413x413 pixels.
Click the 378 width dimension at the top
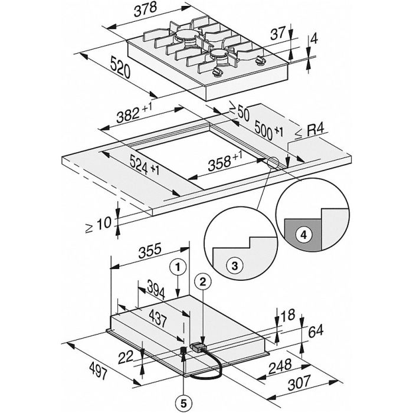coord(145,10)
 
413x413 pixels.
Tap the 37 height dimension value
coord(278,34)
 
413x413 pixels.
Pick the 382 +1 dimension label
coord(135,113)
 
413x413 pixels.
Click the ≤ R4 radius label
coord(310,131)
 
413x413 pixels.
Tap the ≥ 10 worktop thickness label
coord(99,224)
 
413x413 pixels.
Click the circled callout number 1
coord(178,267)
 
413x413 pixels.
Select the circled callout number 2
coord(202,282)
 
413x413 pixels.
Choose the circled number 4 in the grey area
coord(304,234)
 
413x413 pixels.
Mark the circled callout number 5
coord(183,403)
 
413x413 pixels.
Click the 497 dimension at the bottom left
coord(98,370)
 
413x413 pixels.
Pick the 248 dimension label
coord(280,366)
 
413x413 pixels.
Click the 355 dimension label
coord(149,250)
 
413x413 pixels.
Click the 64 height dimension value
coord(315,331)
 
